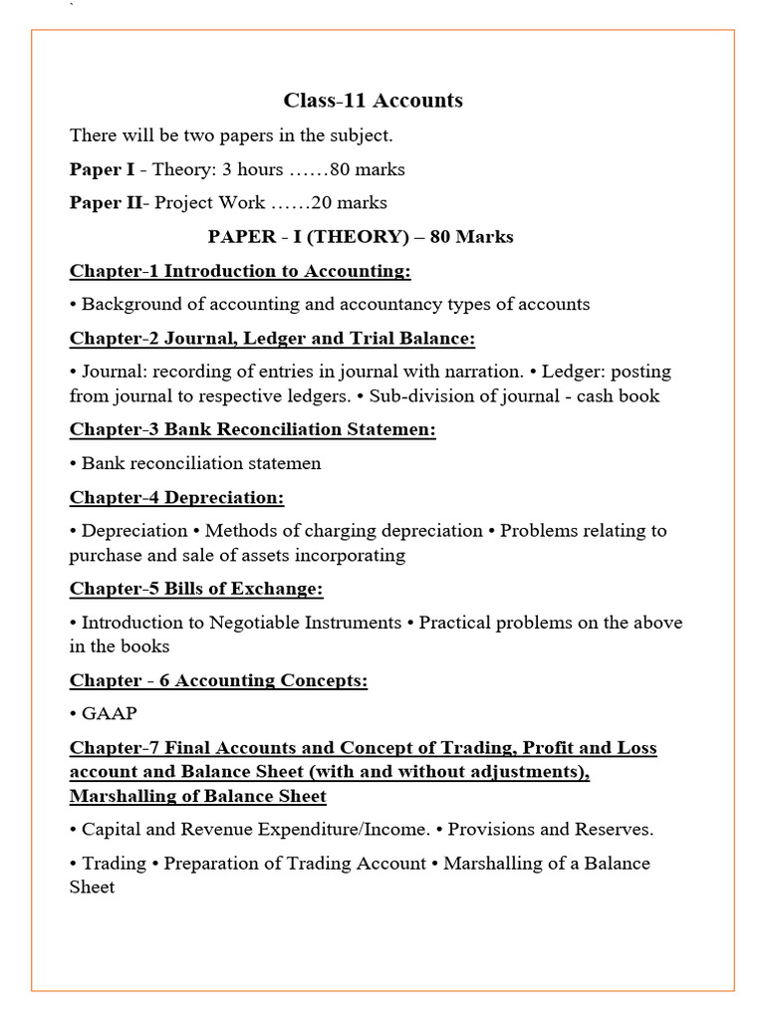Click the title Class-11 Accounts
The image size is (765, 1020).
point(373,100)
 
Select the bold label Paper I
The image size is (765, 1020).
point(102,169)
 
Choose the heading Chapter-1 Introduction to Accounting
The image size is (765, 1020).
point(240,271)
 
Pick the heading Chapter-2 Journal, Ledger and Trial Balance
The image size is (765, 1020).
point(272,339)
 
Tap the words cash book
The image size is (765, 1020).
point(622,395)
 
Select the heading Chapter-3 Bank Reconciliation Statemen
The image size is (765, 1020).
point(253,429)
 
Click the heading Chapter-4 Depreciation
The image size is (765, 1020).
point(176,497)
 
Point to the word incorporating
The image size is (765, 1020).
point(348,555)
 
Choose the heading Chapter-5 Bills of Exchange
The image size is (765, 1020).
point(196,589)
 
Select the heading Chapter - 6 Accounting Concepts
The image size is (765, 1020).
point(218,680)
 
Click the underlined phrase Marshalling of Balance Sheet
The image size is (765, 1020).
point(197,796)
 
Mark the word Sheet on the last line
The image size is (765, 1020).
point(92,887)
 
